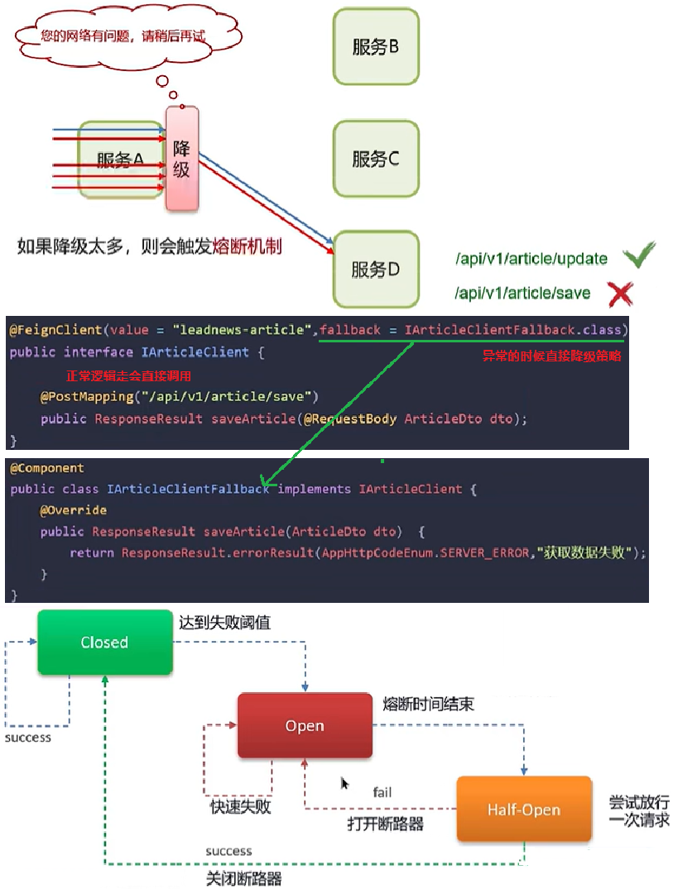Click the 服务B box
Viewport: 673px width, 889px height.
tap(376, 46)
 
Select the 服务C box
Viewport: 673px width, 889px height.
tap(376, 158)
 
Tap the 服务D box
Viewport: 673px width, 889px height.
tap(376, 269)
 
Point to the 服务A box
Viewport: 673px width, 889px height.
tap(121, 160)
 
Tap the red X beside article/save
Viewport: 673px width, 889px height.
tap(620, 293)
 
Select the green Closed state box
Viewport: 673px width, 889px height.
tap(105, 643)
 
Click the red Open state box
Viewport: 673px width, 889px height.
tap(305, 726)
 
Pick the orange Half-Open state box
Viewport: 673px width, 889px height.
tap(524, 810)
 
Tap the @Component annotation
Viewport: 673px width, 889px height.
tap(47, 468)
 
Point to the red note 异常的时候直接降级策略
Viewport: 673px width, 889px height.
tap(551, 357)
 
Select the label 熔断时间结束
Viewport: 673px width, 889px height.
tap(429, 705)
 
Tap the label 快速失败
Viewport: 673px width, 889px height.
tap(241, 807)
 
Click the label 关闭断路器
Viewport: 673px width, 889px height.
tap(243, 878)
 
